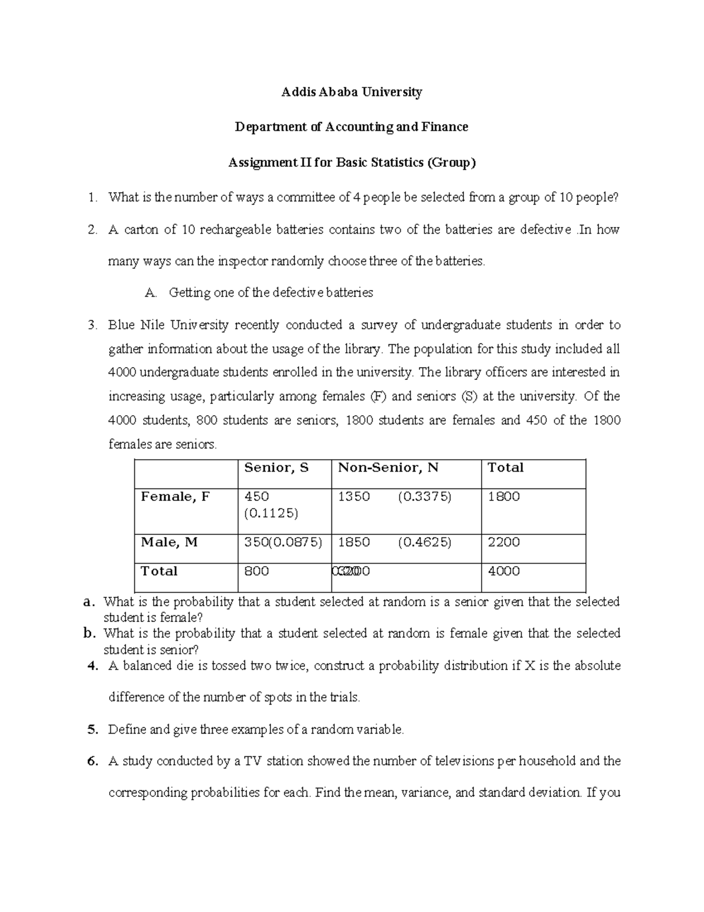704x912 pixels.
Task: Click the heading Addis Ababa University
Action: pyautogui.click(x=351, y=92)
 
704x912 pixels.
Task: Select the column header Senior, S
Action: pyautogui.click(x=276, y=468)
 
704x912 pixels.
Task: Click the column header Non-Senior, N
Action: pyautogui.click(x=388, y=468)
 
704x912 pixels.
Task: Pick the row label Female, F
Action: pyautogui.click(x=175, y=497)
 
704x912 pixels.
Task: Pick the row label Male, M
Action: pyautogui.click(x=170, y=543)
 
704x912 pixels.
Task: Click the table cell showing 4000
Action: pyautogui.click(x=504, y=571)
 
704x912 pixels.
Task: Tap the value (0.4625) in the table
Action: pyautogui.click(x=425, y=543)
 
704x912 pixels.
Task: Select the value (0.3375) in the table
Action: pyautogui.click(x=425, y=497)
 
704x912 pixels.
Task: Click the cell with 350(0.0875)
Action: pyautogui.click(x=283, y=543)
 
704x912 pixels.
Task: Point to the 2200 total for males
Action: pyautogui.click(x=504, y=543)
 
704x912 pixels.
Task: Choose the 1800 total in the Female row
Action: pyautogui.click(x=504, y=497)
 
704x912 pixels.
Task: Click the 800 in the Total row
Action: pyautogui.click(x=256, y=571)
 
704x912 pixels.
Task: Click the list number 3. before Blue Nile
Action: pyautogui.click(x=92, y=325)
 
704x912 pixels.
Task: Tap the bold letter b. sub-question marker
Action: pyautogui.click(x=89, y=634)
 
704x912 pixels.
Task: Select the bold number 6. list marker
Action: pyautogui.click(x=92, y=762)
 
